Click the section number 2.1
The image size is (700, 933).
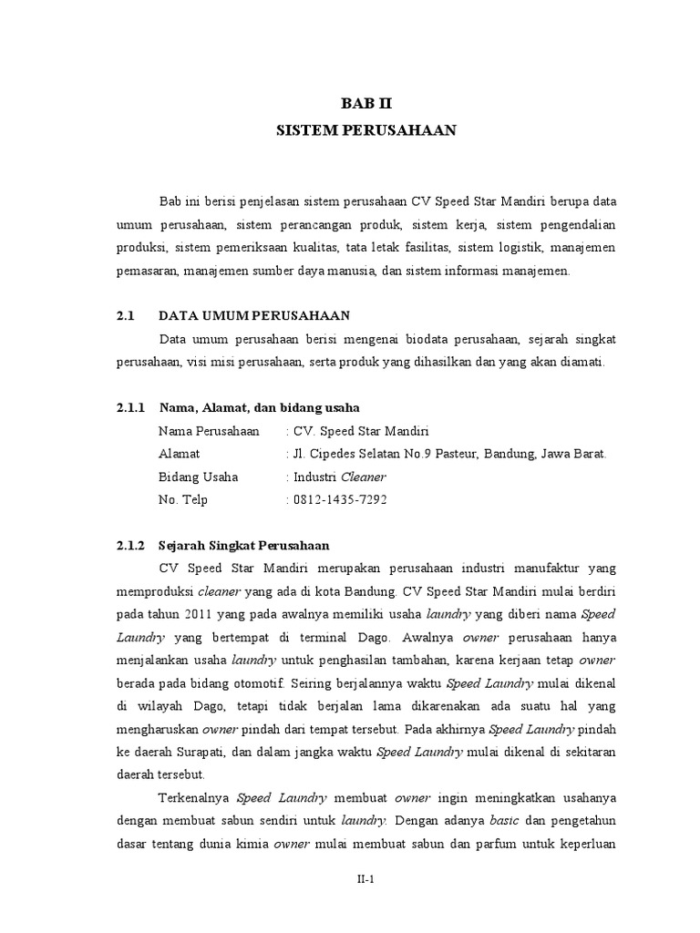coord(126,316)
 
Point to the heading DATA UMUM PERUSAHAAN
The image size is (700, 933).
coord(254,316)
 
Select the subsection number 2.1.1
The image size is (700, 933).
coord(131,407)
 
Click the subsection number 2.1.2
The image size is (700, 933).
coord(131,546)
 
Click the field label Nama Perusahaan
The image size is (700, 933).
coord(209,431)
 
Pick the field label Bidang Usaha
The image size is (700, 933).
coord(198,477)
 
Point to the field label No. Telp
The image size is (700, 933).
coord(183,499)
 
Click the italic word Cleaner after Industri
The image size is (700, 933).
coord(364,477)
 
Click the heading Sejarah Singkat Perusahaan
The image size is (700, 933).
coord(244,546)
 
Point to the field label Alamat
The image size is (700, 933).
coord(179,454)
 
